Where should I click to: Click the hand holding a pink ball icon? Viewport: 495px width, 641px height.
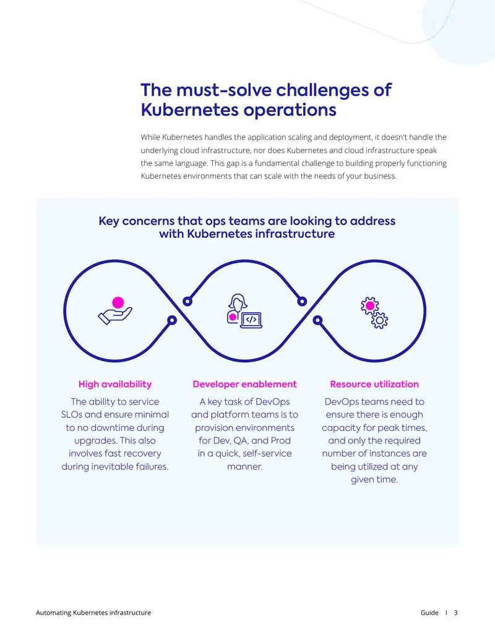[115, 311]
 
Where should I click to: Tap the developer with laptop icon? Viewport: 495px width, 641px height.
[244, 311]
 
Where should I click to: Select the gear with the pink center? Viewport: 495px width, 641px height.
[369, 306]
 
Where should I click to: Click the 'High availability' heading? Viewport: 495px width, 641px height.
[114, 384]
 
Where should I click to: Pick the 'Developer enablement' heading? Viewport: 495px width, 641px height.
[244, 384]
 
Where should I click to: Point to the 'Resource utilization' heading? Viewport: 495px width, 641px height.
[374, 384]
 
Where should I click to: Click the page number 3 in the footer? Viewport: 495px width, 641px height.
[456, 613]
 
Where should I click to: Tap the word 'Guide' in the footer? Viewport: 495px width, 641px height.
[429, 613]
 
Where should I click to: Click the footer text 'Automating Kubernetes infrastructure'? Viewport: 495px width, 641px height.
[93, 613]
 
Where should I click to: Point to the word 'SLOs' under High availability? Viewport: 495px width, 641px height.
[72, 414]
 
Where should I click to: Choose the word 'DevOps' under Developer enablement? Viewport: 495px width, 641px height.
[273, 401]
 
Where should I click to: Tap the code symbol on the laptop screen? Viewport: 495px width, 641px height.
[251, 320]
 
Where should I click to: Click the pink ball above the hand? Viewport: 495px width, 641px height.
[118, 302]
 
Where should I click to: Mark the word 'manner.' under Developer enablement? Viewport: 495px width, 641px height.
[244, 466]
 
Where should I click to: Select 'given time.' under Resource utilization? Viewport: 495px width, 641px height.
[374, 479]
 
